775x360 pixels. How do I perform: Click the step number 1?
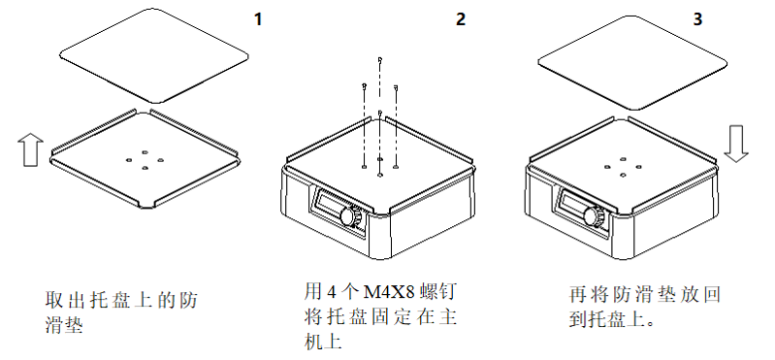point(257,19)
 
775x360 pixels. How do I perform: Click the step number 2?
point(460,19)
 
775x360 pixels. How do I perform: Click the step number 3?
point(697,19)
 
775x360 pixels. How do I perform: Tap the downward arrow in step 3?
point(736,144)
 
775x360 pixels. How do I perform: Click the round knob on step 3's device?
point(593,216)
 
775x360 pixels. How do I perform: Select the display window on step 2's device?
point(330,204)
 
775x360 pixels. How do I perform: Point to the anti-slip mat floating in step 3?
point(632,62)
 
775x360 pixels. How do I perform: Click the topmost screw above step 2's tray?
point(379,59)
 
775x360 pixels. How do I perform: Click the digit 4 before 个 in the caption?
point(331,293)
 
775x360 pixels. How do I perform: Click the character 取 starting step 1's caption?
point(53,300)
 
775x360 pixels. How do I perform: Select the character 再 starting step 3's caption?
point(578,294)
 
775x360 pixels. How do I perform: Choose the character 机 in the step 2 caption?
point(312,342)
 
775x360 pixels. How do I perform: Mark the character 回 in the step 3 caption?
point(711,294)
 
